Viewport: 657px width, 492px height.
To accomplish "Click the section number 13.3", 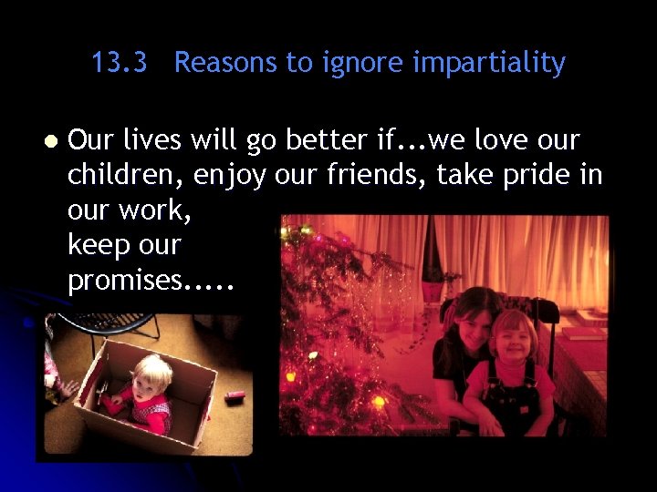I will (120, 63).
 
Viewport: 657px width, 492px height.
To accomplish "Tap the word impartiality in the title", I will (489, 63).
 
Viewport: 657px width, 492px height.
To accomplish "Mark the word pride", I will (536, 174).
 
